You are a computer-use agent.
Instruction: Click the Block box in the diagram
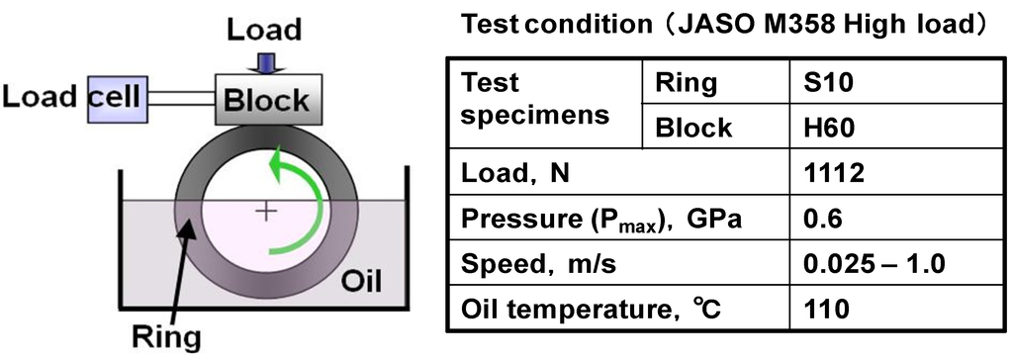pyautogui.click(x=266, y=99)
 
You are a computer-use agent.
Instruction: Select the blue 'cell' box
pyautogui.click(x=117, y=98)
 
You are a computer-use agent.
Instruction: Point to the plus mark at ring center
pyautogui.click(x=266, y=211)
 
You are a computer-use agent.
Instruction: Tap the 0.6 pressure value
pyautogui.click(x=822, y=221)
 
